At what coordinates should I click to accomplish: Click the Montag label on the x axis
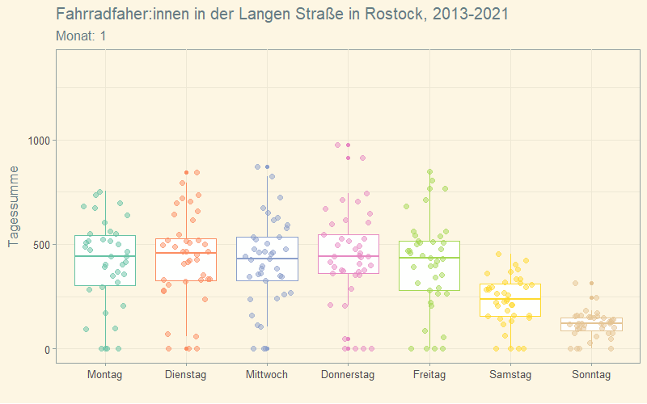click(x=105, y=375)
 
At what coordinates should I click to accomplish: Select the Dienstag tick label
click(x=186, y=375)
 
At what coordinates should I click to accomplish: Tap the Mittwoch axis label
click(x=267, y=375)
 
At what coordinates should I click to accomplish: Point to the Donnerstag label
click(x=348, y=375)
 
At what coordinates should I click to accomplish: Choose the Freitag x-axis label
click(x=429, y=375)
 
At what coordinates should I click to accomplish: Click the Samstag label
click(x=510, y=375)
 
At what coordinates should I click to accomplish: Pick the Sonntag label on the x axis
click(x=590, y=375)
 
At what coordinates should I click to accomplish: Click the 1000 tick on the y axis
click(x=37, y=141)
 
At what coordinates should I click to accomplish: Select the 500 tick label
click(x=40, y=245)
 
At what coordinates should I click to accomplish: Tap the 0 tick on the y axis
click(x=47, y=349)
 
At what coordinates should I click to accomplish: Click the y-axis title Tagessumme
click(x=13, y=207)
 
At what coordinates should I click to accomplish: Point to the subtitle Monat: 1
click(x=81, y=36)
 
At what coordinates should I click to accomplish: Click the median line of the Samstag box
click(x=510, y=299)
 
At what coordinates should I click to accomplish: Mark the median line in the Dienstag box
click(x=186, y=253)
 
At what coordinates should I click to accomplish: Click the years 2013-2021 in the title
click(x=472, y=15)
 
